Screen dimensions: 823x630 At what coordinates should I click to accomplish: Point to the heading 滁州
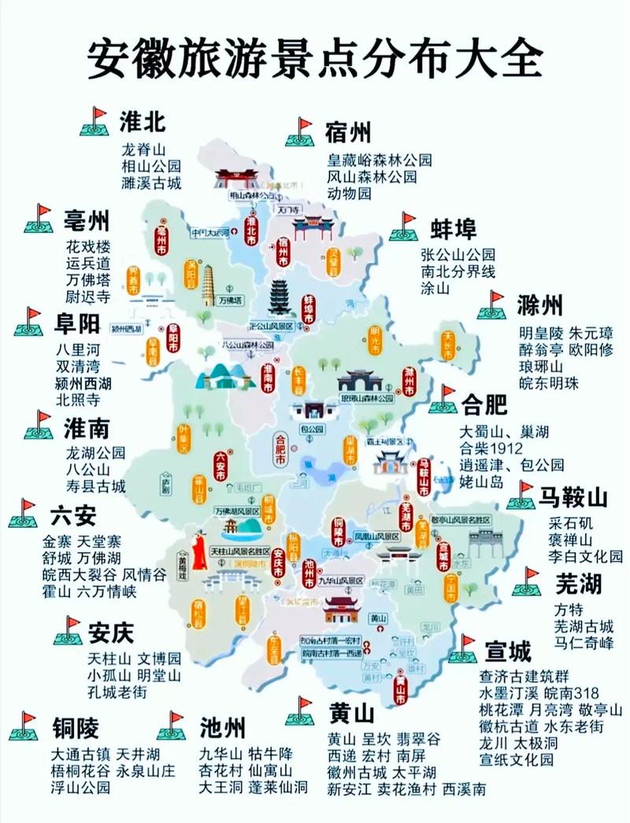(540, 305)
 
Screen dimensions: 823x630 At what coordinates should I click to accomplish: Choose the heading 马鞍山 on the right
(573, 497)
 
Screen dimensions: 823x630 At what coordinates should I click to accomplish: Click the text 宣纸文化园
(517, 759)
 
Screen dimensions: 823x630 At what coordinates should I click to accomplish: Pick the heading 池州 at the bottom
(223, 725)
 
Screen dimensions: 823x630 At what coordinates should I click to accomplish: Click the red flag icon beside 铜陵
(24, 726)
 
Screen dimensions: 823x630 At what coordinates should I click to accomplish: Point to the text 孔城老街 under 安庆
(117, 692)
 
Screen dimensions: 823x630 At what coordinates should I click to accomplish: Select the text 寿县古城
(96, 486)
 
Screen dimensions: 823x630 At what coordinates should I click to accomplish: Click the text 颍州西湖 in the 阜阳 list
(83, 383)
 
